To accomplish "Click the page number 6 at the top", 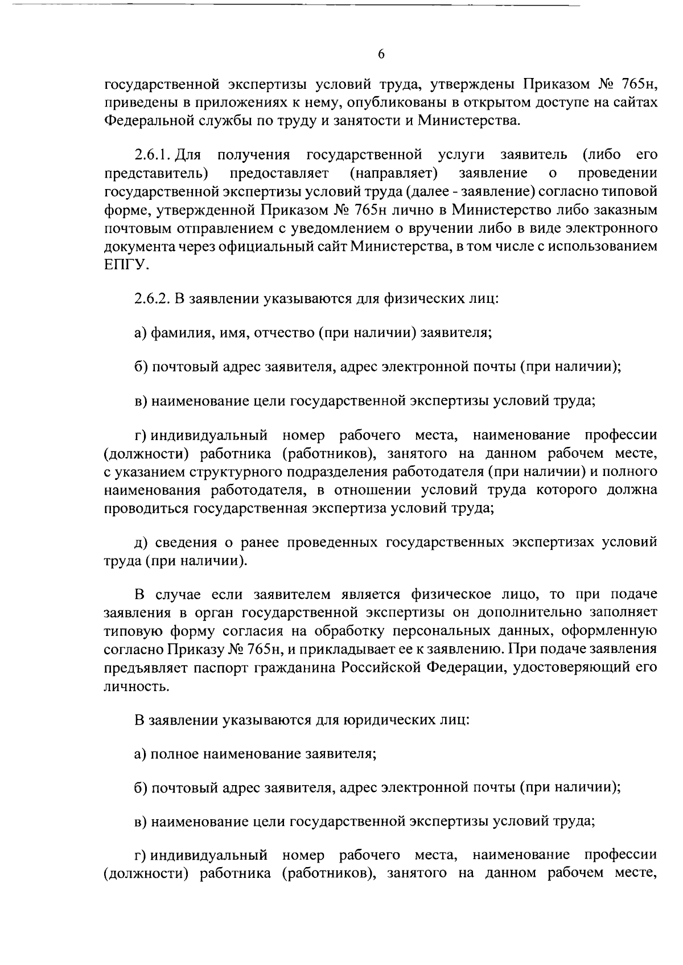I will point(381,54).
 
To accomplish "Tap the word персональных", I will point(440,631).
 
